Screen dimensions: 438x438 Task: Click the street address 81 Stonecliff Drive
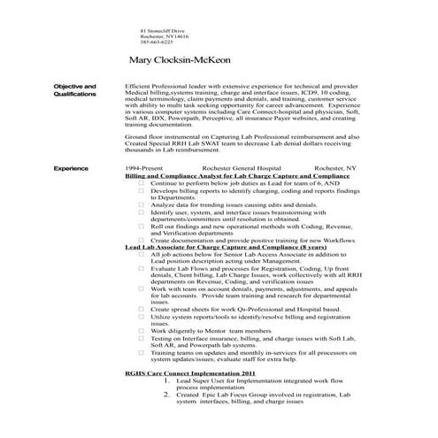pyautogui.click(x=161, y=30)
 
